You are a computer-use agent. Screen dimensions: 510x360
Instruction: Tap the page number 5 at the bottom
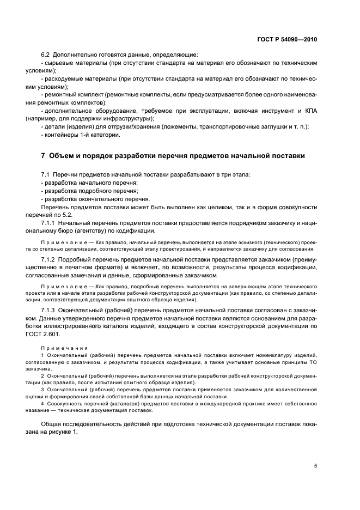[x=316, y=466]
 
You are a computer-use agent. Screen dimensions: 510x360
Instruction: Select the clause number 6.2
[x=46, y=55]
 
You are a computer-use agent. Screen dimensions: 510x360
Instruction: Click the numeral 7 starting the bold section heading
[x=43, y=155]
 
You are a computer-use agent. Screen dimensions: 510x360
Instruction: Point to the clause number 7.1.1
[x=50, y=223]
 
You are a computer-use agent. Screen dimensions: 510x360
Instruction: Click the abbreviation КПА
[x=308, y=111]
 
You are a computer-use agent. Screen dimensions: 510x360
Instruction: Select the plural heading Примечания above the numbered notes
[x=59, y=347]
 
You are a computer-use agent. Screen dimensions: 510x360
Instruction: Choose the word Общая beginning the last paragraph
[x=52, y=424]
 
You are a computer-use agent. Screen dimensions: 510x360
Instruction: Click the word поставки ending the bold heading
[x=286, y=155]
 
